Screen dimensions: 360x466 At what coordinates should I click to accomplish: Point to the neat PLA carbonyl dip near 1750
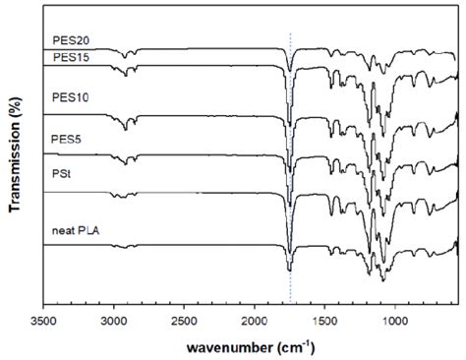[x=289, y=269]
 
